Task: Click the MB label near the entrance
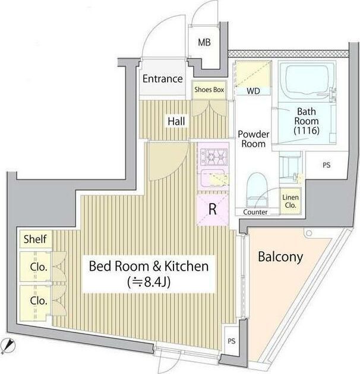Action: click(x=204, y=42)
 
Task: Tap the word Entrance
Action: click(x=162, y=79)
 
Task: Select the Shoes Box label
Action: click(x=209, y=90)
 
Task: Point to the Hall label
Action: click(x=176, y=121)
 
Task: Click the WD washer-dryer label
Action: click(x=253, y=91)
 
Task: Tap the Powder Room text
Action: click(x=254, y=139)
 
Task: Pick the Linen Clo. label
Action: click(x=290, y=201)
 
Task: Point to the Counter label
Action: click(x=255, y=213)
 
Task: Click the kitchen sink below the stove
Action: click(x=212, y=179)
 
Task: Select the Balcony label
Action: click(x=280, y=257)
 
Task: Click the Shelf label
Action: click(x=35, y=240)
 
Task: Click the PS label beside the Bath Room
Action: click(x=326, y=166)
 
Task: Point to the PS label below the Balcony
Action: click(x=232, y=341)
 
